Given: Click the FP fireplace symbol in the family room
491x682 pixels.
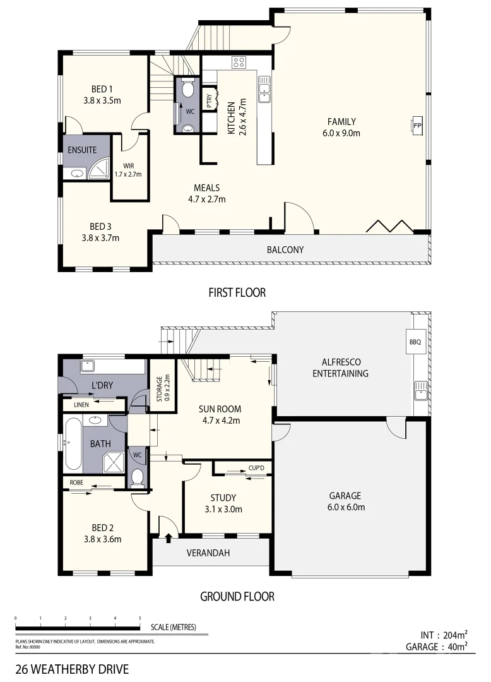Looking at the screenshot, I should pos(417,126).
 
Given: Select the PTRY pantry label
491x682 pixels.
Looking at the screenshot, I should pos(209,99).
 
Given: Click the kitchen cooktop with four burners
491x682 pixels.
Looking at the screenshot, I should pos(239,62).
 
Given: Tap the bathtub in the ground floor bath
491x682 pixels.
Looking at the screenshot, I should pos(73,443).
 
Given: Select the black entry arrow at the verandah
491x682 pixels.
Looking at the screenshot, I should pos(169,538).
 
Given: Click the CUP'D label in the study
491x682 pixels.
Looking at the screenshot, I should pos(256,468).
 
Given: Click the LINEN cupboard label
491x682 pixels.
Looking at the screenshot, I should pos(81,404).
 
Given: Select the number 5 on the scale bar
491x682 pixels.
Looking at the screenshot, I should pos(139,618).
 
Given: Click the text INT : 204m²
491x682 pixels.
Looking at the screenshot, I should pos(444,635).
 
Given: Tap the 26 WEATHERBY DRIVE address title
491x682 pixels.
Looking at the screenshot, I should pos(72,668).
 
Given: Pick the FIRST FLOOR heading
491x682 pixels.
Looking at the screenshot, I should pos(237,292).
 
